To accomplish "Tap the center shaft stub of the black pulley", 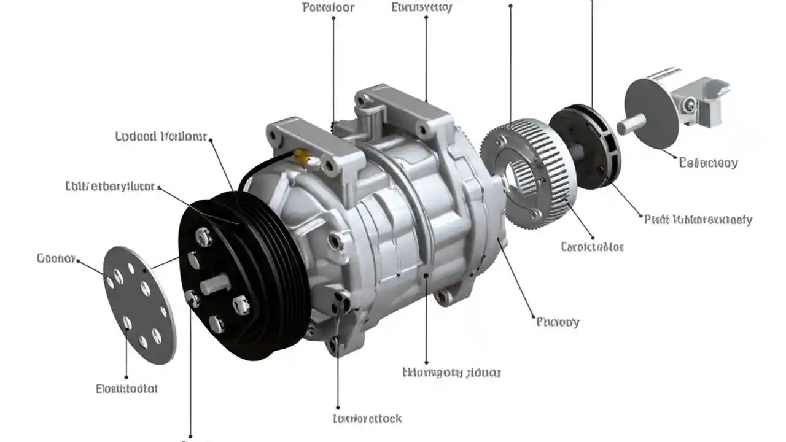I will tap(215, 284).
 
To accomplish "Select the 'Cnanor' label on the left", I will tap(56, 258).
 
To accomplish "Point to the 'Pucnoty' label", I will tap(558, 322).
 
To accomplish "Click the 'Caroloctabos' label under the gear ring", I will tap(593, 247).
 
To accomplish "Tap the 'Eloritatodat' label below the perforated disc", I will tap(127, 389).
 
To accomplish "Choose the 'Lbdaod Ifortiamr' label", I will tap(161, 136).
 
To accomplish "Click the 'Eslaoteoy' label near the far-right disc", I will tap(709, 163).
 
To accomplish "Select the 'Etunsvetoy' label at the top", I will tap(422, 8).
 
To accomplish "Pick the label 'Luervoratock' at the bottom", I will tap(367, 419).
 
